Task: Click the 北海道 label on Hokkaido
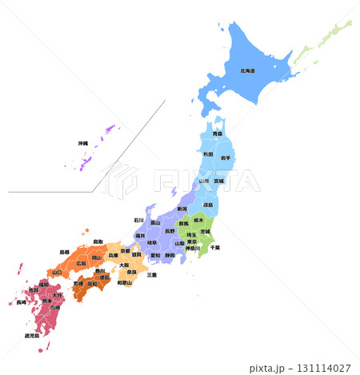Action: (x=247, y=70)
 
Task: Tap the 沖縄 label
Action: (x=83, y=143)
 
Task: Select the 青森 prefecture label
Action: (x=218, y=134)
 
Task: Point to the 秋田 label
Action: (x=208, y=154)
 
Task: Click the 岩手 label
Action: (x=226, y=158)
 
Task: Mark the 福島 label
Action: (x=208, y=205)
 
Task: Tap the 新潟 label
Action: (x=182, y=209)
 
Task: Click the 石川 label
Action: (x=138, y=219)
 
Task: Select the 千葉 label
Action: (x=215, y=247)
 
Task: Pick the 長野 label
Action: (x=169, y=232)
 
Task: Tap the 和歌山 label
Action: (x=125, y=282)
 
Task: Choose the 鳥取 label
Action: (x=98, y=241)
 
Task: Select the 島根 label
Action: (x=64, y=252)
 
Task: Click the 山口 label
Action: (x=57, y=272)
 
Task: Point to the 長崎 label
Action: (x=20, y=302)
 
